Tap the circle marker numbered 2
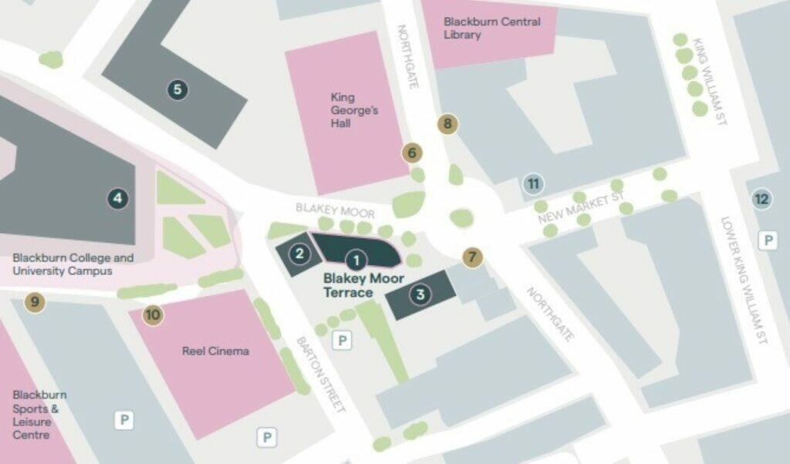click(x=299, y=252)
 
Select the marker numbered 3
click(x=420, y=294)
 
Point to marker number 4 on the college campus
click(x=117, y=199)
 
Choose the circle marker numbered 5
click(x=178, y=89)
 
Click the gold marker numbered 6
click(x=412, y=153)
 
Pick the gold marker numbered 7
click(x=472, y=257)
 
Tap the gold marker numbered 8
click(x=447, y=123)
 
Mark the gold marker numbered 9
click(x=34, y=301)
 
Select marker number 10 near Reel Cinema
click(x=153, y=314)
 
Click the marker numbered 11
click(x=532, y=183)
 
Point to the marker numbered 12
click(x=761, y=200)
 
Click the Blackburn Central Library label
click(x=491, y=29)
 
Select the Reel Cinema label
click(x=215, y=351)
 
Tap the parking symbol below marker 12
click(x=767, y=240)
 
